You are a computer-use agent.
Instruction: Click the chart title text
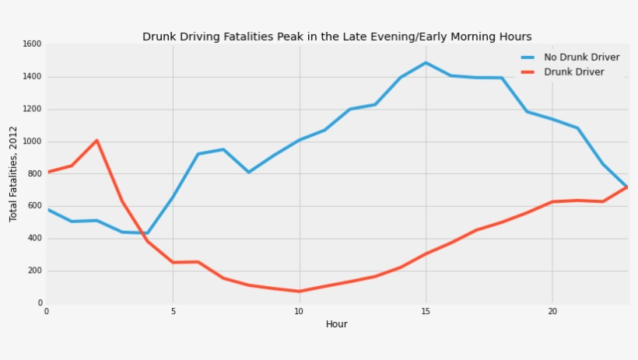337,37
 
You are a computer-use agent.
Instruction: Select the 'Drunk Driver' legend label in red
574,72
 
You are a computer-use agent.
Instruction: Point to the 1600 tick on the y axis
32,44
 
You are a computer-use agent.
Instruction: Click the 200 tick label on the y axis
34,271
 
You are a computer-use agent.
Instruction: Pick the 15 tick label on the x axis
426,311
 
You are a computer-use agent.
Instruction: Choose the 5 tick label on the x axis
173,311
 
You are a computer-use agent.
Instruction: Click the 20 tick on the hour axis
552,311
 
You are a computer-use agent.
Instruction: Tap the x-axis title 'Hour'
336,324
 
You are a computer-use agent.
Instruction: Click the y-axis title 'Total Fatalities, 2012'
13,173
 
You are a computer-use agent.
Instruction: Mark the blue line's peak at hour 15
426,63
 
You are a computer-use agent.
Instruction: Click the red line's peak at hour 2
96,141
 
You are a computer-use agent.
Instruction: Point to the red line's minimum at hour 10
300,292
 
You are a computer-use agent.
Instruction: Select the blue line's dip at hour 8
248,172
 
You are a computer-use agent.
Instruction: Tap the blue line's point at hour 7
223,149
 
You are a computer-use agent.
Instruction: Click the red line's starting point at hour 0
47,172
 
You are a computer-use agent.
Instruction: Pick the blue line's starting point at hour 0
47,209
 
